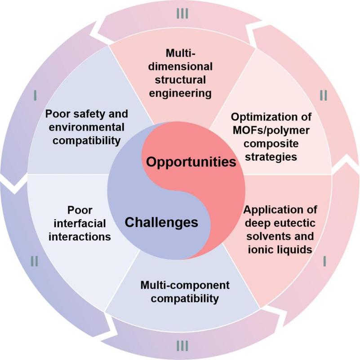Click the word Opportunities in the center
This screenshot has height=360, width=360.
click(x=191, y=162)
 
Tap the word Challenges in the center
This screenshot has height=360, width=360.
click(x=161, y=222)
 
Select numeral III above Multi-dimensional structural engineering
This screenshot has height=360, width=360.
click(x=182, y=14)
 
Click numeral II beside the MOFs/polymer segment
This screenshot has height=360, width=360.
click(x=324, y=95)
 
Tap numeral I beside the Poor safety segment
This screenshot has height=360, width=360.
click(x=35, y=95)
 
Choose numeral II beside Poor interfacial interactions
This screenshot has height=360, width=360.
click(x=35, y=260)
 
